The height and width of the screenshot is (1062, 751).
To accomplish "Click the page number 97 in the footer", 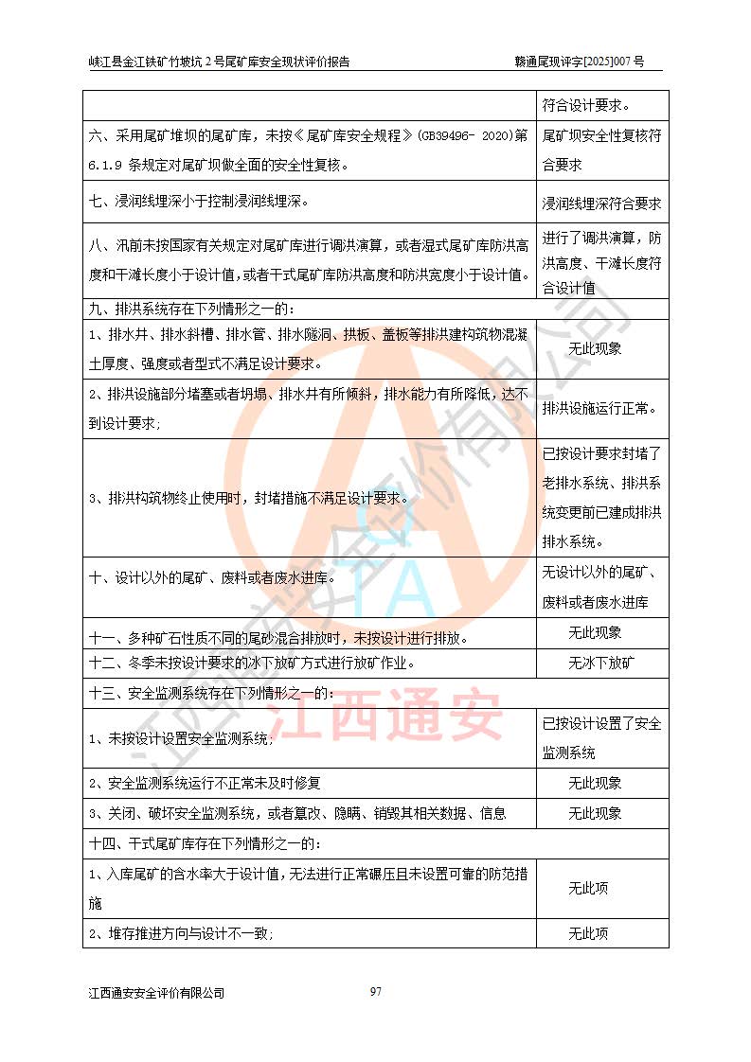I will click(376, 991).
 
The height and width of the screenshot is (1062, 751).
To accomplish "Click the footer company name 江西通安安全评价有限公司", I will click(156, 993).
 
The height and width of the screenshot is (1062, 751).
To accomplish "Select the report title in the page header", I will click(220, 62).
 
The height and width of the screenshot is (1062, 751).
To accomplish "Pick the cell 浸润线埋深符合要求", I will click(601, 204).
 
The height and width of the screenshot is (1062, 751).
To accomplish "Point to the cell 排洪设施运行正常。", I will click(600, 410).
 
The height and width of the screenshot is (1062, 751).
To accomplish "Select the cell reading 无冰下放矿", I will click(601, 663).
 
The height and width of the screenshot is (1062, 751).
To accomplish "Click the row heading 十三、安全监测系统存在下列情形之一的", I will click(211, 693).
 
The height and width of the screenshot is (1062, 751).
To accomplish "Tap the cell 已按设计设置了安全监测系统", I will click(601, 738).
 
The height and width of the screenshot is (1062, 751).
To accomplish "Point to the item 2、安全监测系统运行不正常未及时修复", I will click(206, 783).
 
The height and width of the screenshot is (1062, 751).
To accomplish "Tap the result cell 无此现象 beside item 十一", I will click(595, 632).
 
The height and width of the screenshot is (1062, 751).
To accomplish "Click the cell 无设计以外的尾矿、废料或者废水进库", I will click(601, 587).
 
